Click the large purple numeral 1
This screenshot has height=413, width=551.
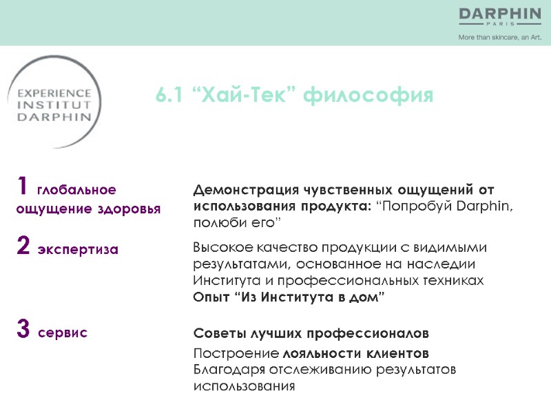click(23, 186)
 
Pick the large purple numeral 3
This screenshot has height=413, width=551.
click(23, 330)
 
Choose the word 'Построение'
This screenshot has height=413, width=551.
click(236, 354)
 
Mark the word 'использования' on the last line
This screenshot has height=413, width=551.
click(244, 386)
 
